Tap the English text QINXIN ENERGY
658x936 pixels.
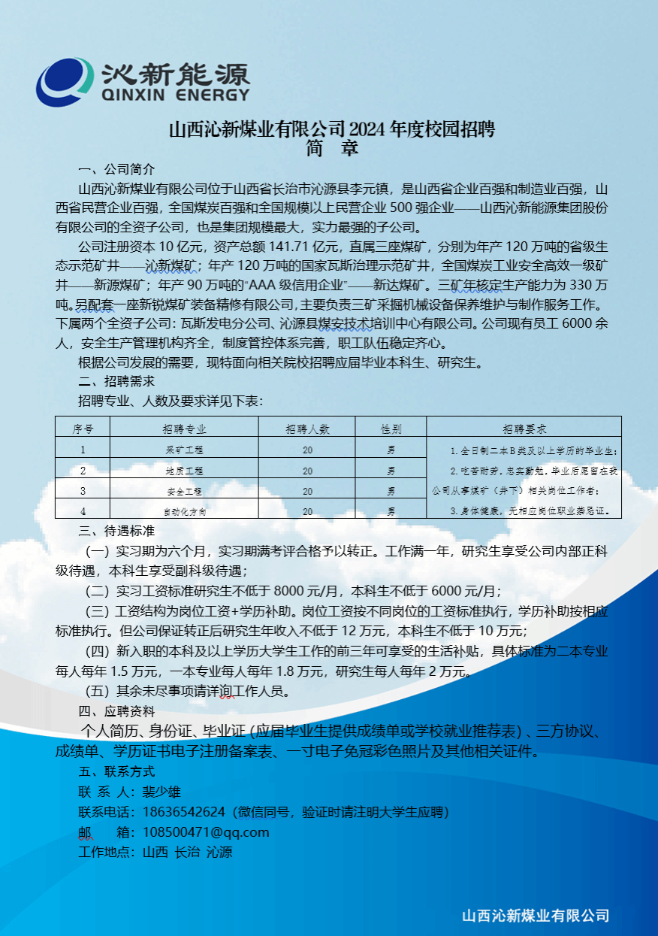click(x=174, y=95)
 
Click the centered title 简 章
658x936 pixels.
click(x=331, y=147)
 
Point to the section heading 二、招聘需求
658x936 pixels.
click(x=116, y=381)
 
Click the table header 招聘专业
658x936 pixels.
click(x=184, y=429)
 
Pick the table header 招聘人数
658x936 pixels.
click(x=307, y=429)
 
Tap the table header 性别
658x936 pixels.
click(x=391, y=429)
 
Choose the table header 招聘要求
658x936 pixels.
click(x=524, y=429)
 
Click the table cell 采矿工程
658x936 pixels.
click(x=184, y=450)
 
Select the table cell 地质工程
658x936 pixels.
click(x=184, y=471)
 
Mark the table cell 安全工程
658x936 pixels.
click(x=184, y=491)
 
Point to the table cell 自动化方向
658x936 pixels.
click(x=184, y=511)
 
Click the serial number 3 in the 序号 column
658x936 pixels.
click(x=83, y=491)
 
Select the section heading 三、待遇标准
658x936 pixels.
click(x=116, y=532)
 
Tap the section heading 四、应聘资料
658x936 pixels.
click(x=116, y=710)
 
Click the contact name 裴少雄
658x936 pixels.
click(x=156, y=792)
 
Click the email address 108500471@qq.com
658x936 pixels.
click(x=200, y=832)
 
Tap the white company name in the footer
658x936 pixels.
click(x=535, y=916)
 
